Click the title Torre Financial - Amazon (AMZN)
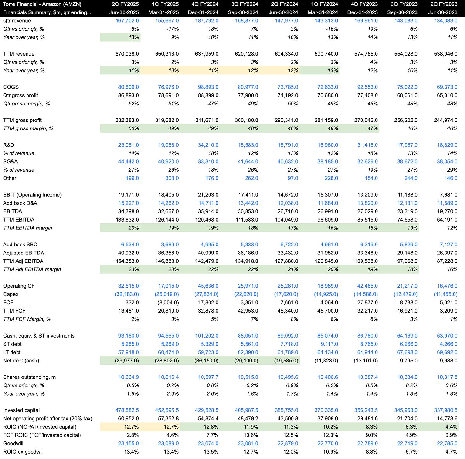point(42,4)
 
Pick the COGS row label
point(11,87)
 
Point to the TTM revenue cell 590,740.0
point(326,54)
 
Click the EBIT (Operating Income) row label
point(32,195)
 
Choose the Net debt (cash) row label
point(21,361)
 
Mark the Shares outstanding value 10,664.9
point(129,377)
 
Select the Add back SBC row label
point(20,245)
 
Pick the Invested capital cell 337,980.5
point(446,410)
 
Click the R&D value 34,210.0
point(208,145)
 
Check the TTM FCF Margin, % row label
point(27,319)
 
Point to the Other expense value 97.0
point(293,178)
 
